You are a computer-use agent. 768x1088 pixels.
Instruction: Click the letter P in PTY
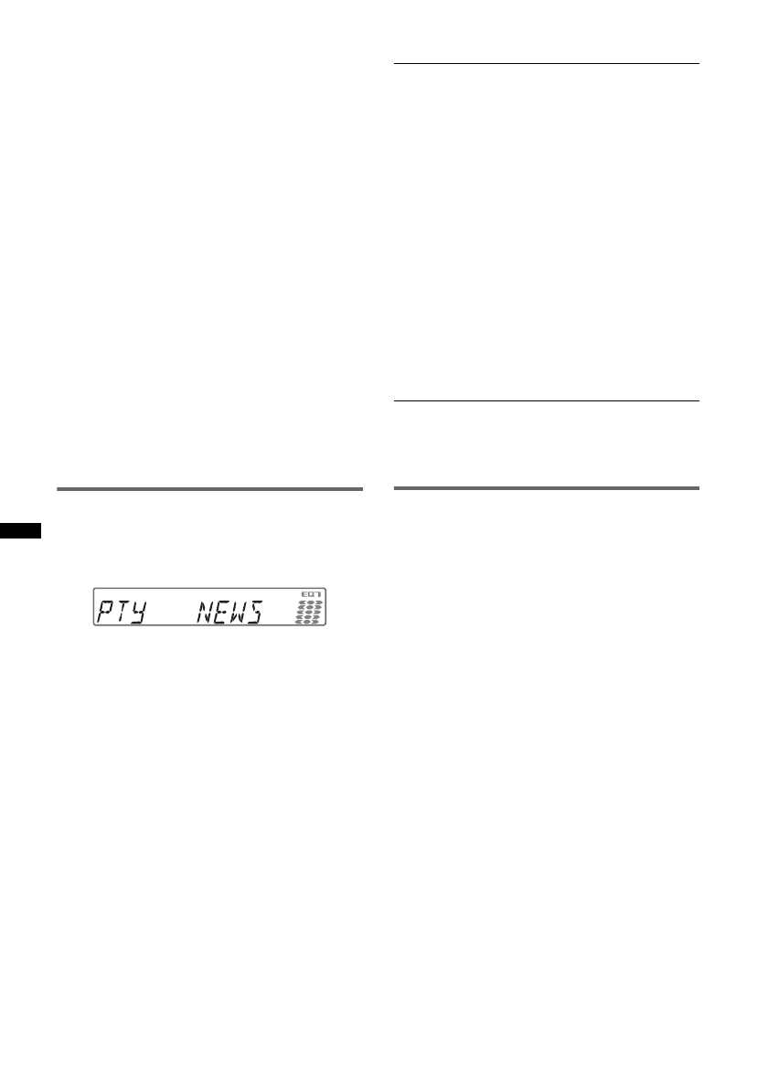tap(105, 612)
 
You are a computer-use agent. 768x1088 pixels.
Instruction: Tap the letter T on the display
tap(123, 612)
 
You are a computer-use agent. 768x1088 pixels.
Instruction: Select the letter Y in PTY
tap(139, 612)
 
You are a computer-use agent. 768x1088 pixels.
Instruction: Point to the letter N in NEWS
tap(205, 612)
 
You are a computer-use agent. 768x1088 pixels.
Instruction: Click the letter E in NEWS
tap(222, 612)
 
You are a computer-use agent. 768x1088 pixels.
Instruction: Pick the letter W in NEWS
tap(238, 612)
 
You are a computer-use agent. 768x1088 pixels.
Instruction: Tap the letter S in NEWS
tap(254, 612)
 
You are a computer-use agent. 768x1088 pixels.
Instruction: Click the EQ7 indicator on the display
tap(311, 594)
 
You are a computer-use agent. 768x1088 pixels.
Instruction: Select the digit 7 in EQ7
tap(318, 594)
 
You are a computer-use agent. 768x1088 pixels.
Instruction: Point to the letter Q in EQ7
tap(311, 594)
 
